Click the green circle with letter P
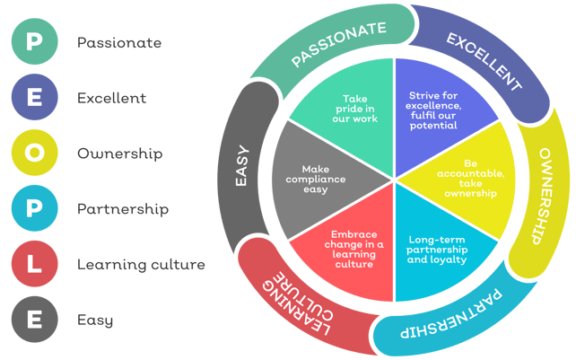point(34,41)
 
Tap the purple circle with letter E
point(34,97)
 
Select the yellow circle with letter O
point(34,153)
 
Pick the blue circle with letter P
point(34,208)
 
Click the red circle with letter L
point(34,264)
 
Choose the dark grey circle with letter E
point(34,320)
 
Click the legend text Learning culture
point(141,265)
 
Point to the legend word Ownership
point(119,154)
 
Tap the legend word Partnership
point(123,209)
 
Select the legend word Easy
point(95,320)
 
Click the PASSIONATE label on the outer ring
point(338,44)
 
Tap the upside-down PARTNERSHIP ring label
point(451,314)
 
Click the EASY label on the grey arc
point(241,165)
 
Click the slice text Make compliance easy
point(316,179)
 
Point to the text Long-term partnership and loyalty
point(437,250)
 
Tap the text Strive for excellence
point(433,101)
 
